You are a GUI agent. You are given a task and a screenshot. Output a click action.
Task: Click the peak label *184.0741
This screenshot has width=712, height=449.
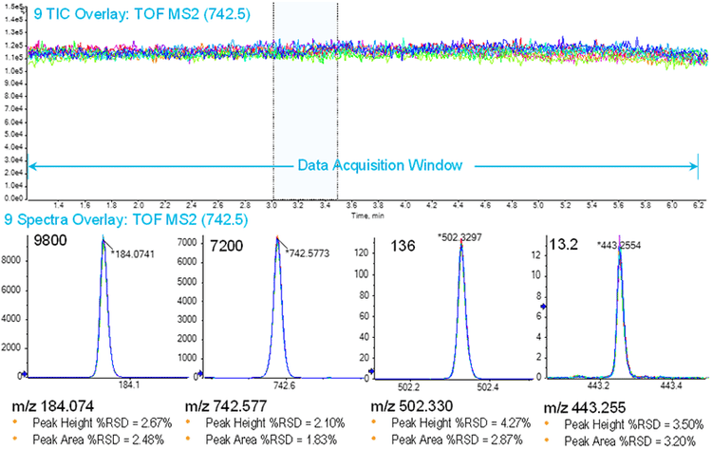click(x=134, y=253)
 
